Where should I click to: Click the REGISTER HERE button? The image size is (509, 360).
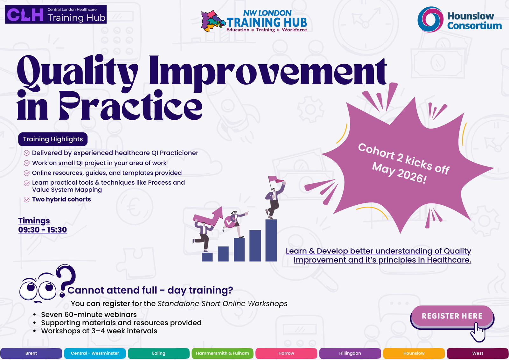(452, 316)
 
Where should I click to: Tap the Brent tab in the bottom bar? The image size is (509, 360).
(31, 353)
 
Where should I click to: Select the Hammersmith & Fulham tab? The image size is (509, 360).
(222, 353)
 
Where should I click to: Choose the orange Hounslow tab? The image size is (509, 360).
(414, 353)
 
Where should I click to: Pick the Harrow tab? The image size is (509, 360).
(286, 353)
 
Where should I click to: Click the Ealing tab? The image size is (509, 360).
(159, 353)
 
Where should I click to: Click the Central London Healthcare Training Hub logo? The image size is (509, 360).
(56, 14)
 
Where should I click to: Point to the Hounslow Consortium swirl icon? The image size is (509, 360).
(430, 19)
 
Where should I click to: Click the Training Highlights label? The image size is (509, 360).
(53, 139)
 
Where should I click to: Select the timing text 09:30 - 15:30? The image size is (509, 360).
(43, 230)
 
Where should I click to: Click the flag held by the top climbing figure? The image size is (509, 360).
(275, 180)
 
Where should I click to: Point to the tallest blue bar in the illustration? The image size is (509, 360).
(271, 240)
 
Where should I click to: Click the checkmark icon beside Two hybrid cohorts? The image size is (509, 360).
(27, 200)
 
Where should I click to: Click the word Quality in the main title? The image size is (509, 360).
(77, 73)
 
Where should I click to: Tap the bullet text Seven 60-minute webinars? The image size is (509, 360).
(89, 314)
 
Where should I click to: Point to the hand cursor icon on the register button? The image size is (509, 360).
(478, 332)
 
